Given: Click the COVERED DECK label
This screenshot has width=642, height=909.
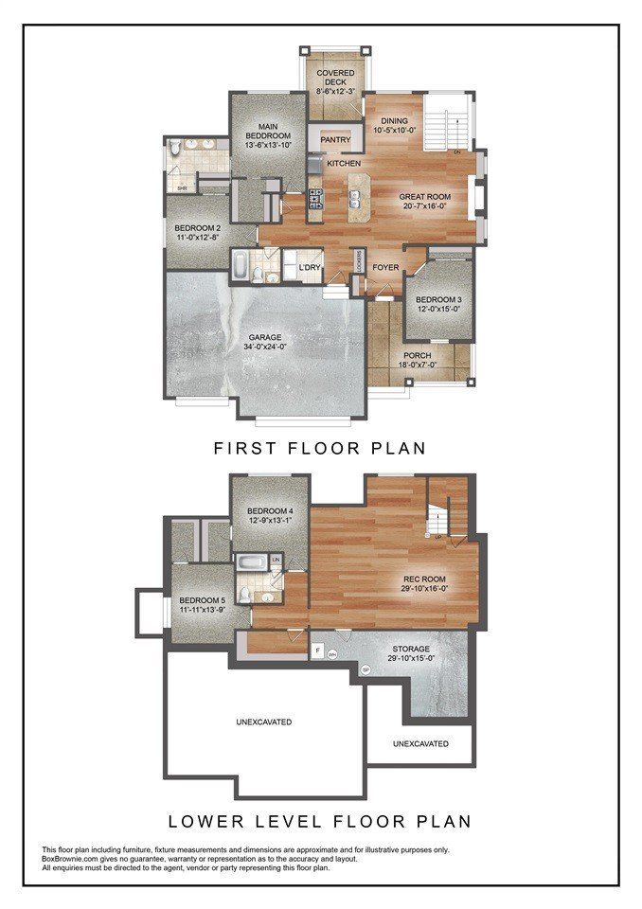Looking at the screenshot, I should pyautogui.click(x=335, y=74).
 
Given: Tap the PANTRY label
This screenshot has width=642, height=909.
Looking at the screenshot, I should pyautogui.click(x=335, y=140).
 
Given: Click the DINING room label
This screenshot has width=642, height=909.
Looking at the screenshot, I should pyautogui.click(x=394, y=121).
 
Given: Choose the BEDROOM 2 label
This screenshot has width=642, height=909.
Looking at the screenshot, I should pyautogui.click(x=197, y=228).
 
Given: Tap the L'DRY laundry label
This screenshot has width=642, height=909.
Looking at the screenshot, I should pyautogui.click(x=312, y=269).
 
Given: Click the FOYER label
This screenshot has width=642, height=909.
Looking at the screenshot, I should pyautogui.click(x=384, y=267).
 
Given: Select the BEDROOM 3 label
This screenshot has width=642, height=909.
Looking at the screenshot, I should pyautogui.click(x=438, y=299).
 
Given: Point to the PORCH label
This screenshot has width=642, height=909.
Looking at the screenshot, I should pyautogui.click(x=418, y=357).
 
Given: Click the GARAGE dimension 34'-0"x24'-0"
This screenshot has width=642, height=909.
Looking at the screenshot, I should pyautogui.click(x=266, y=348).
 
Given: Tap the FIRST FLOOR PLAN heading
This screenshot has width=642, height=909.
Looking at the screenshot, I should pyautogui.click(x=320, y=447).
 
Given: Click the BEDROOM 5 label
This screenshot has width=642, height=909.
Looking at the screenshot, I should pyautogui.click(x=203, y=600).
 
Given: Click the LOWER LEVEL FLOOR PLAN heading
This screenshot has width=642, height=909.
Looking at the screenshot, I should pyautogui.click(x=320, y=820).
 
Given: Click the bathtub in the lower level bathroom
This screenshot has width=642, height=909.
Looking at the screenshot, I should pyautogui.click(x=251, y=565).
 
